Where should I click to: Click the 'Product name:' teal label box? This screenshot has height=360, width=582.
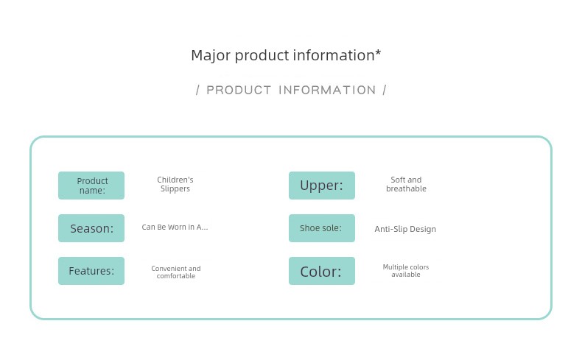coord(91,186)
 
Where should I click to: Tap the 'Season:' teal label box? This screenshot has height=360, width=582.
coord(91,228)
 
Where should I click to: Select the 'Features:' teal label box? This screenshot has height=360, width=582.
coord(91,271)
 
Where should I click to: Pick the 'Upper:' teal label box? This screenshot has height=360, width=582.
coord(322,186)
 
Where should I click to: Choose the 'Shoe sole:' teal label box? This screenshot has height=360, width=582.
coord(322,228)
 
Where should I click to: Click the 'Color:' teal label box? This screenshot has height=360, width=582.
coord(322,271)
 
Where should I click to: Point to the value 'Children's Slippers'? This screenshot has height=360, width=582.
coord(175,184)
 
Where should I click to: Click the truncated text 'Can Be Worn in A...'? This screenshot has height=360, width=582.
coord(175,227)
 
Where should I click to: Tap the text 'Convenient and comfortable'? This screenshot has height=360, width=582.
coord(176,272)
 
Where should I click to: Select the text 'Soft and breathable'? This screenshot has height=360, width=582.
coord(406,184)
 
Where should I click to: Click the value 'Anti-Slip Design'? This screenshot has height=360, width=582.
coord(405,229)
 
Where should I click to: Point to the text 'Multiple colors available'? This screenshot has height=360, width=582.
coord(406,271)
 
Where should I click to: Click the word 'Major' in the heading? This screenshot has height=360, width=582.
coord(211,56)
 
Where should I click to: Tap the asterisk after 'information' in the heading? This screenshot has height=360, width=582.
coord(378,53)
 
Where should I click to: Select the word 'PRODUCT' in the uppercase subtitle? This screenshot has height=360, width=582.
coord(239,90)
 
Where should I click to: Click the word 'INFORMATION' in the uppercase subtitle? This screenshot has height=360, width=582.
coord(327,90)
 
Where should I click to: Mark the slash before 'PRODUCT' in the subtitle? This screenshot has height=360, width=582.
coord(198,90)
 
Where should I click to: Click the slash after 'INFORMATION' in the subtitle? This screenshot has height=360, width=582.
coord(385,90)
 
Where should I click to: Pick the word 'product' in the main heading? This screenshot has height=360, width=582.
coord(262,56)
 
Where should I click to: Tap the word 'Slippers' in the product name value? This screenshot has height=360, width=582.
coord(175,188)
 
